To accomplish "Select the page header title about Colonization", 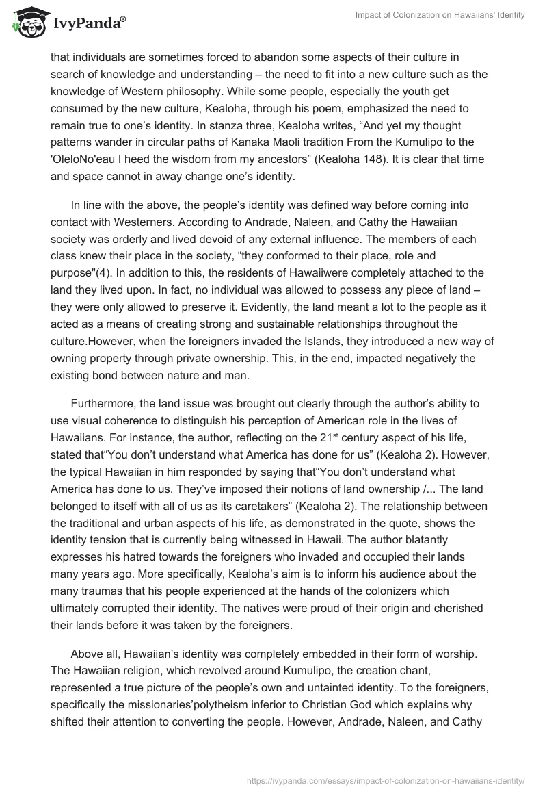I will point(441,15).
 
